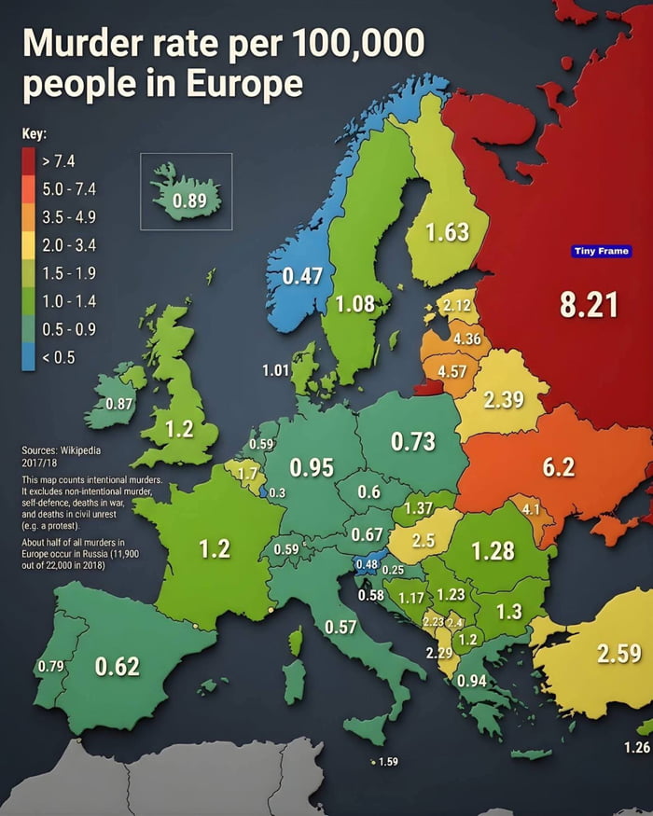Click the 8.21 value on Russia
pyautogui.click(x=588, y=304)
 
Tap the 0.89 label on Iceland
pyautogui.click(x=195, y=201)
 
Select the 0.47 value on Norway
pyautogui.click(x=302, y=276)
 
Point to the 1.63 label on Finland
pyautogui.click(x=447, y=231)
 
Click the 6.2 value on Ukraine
pyautogui.click(x=558, y=467)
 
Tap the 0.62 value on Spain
pyautogui.click(x=117, y=666)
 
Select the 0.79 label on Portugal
pyautogui.click(x=49, y=667)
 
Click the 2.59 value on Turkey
pyautogui.click(x=618, y=653)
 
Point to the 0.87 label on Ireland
pyautogui.click(x=119, y=404)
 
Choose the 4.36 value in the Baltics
pyautogui.click(x=466, y=339)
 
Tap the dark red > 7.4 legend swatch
pyautogui.click(x=28, y=161)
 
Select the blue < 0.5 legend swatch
pyautogui.click(x=28, y=357)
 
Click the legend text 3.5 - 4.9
pyautogui.click(x=70, y=217)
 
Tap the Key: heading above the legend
pyautogui.click(x=34, y=133)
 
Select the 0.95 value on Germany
pyautogui.click(x=312, y=466)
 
